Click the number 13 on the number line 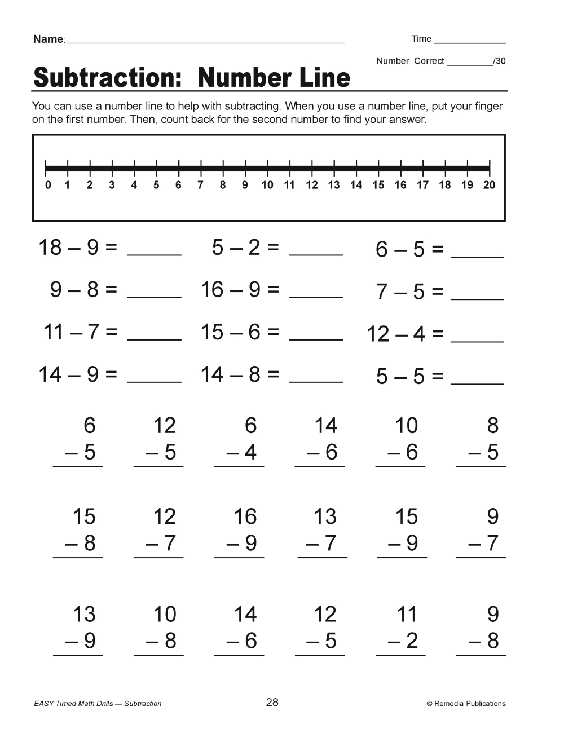tap(334, 185)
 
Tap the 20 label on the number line tap(489, 185)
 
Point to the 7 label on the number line tap(200, 185)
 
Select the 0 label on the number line tap(48, 185)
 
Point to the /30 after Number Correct tap(499, 61)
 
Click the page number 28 tap(272, 702)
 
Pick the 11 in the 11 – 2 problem tap(407, 614)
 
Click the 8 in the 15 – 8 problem tap(89, 543)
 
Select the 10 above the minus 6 tap(406, 426)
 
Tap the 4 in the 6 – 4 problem tap(250, 452)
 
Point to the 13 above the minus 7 tap(325, 516)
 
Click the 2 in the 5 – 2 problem tap(254, 247)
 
